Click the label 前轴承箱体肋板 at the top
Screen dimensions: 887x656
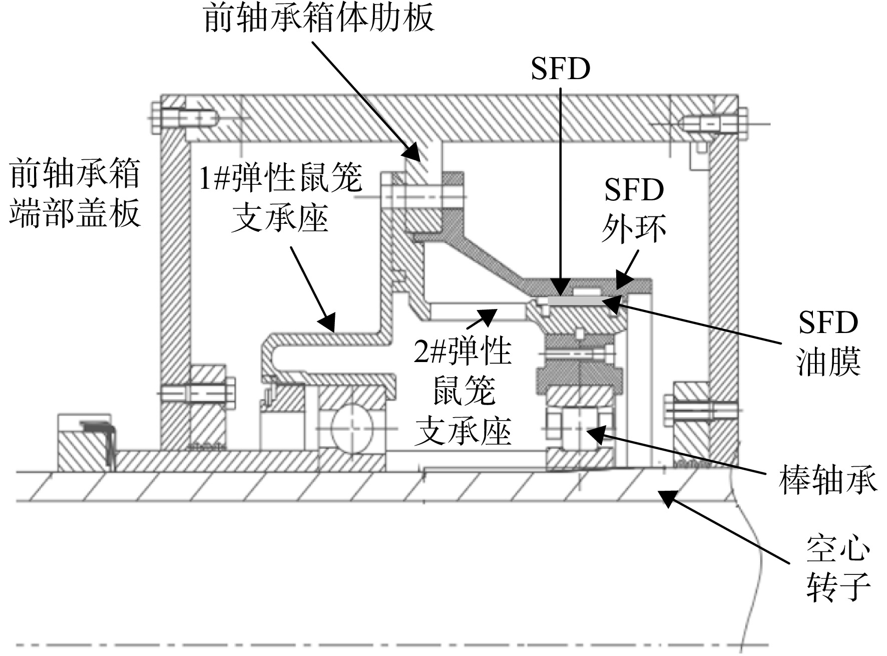click(319, 19)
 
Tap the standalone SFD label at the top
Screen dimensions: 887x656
click(561, 69)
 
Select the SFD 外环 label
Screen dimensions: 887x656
click(634, 210)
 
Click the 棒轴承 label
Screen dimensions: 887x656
click(828, 480)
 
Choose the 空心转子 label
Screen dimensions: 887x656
click(838, 569)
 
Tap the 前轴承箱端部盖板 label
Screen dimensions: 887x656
click(75, 193)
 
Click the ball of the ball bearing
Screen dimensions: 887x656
click(352, 426)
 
